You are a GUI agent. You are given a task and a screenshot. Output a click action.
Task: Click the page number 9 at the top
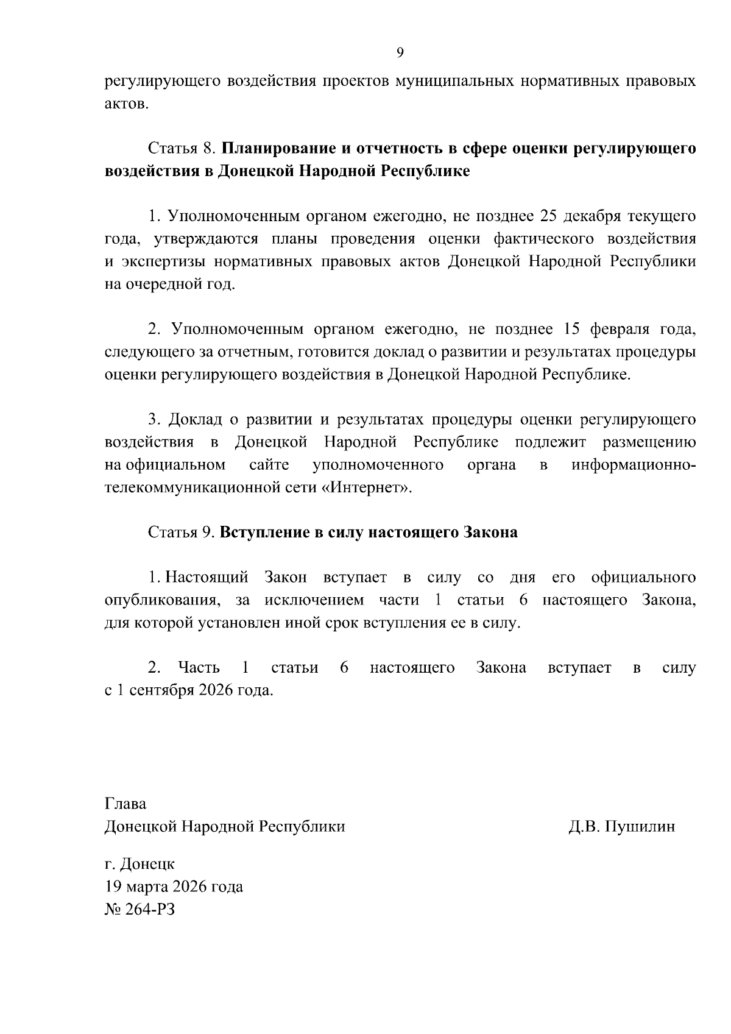point(400,52)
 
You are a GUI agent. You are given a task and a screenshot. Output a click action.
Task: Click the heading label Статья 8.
point(182,149)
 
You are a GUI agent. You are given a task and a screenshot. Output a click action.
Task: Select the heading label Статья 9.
point(182,532)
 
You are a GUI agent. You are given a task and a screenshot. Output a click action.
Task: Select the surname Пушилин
point(641,826)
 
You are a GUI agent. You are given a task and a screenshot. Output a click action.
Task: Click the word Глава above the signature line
point(125,804)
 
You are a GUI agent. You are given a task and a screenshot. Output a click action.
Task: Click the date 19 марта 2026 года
point(174,886)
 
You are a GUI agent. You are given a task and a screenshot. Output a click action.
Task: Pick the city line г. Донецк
point(139,863)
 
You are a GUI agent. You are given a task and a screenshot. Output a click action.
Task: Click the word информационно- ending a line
point(634,465)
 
